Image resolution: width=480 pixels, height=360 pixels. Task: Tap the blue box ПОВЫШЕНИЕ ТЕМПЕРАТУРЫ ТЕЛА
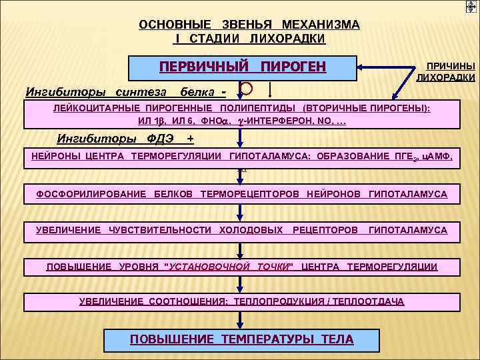point(241,339)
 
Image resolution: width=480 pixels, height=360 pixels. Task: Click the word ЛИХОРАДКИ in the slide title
point(288,39)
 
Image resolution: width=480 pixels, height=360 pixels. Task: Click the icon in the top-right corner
point(471,7)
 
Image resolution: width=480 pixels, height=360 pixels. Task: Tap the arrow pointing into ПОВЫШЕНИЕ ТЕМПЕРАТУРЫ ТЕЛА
point(241,319)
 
